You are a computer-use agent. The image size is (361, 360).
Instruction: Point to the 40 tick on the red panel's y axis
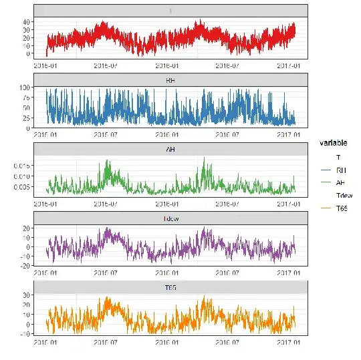[26, 21]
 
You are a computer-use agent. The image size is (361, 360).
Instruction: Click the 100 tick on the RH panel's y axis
[25, 87]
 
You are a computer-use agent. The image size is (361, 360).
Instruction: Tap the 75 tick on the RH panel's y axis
[26, 98]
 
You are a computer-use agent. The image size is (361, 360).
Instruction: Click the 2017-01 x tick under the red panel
[289, 65]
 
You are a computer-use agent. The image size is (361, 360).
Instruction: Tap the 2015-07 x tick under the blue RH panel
[105, 134]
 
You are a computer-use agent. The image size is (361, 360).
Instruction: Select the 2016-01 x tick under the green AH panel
[167, 204]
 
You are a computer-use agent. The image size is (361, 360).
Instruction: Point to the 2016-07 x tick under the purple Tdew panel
[229, 273]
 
